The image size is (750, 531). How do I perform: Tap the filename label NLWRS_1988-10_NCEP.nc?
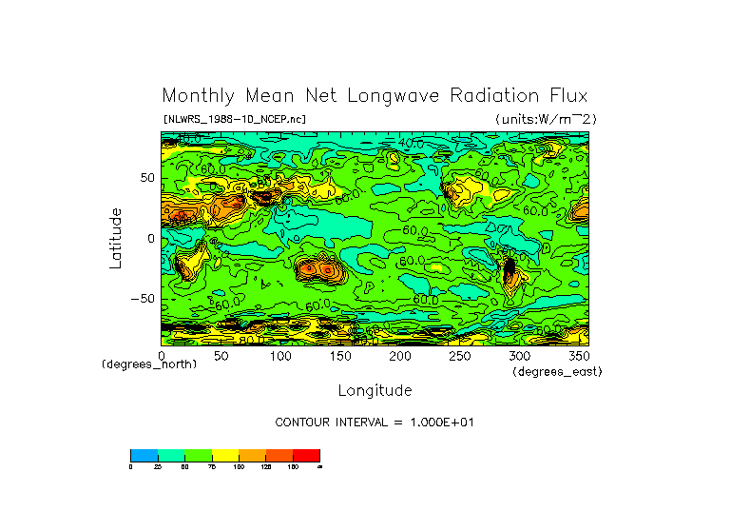pyautogui.click(x=234, y=119)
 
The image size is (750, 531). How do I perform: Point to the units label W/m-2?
pyautogui.click(x=545, y=119)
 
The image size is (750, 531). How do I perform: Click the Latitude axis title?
pyautogui.click(x=116, y=238)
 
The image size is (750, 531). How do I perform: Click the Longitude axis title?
pyautogui.click(x=375, y=390)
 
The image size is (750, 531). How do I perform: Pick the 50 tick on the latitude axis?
pyautogui.click(x=147, y=178)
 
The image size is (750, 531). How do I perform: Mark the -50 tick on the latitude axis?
pyautogui.click(x=144, y=299)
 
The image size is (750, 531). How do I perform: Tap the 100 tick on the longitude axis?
pyautogui.click(x=280, y=355)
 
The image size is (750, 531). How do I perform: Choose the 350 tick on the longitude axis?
pyautogui.click(x=577, y=355)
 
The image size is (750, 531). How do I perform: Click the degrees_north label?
pyautogui.click(x=149, y=365)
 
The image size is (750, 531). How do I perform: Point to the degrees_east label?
pyautogui.click(x=556, y=371)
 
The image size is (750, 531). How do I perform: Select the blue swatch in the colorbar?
pyautogui.click(x=144, y=455)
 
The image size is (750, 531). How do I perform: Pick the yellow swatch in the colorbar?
pyautogui.click(x=224, y=455)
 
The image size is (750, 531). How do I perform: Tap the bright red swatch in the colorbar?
pyautogui.click(x=306, y=455)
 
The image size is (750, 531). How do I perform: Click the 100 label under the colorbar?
pyautogui.click(x=239, y=467)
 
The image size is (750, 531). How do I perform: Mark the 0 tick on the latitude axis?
pyautogui.click(x=150, y=238)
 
